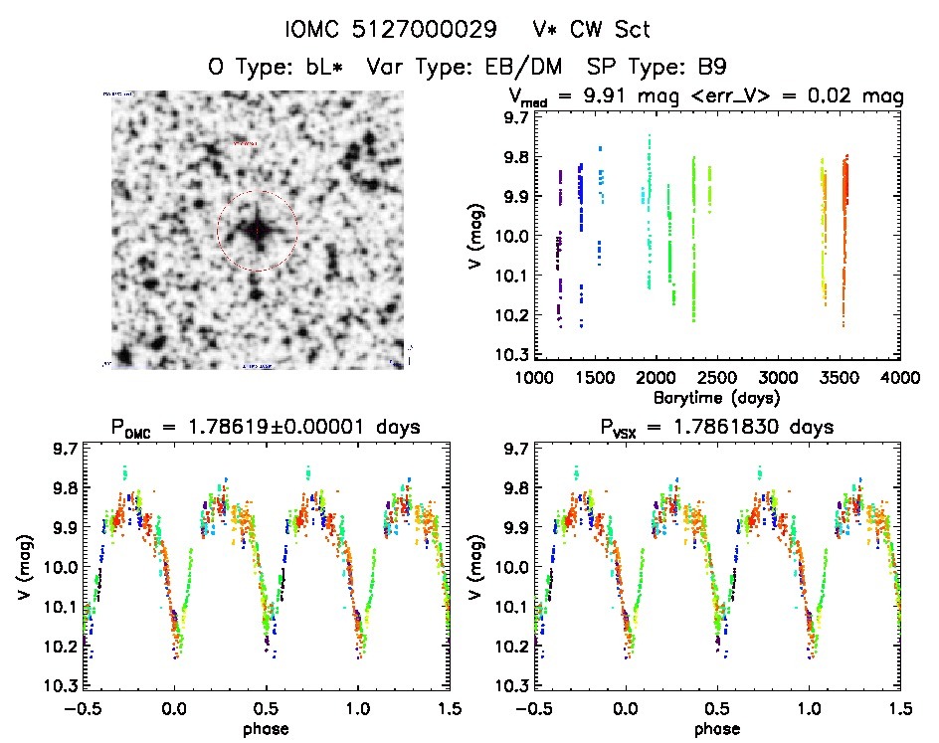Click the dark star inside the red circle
coord(257,230)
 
